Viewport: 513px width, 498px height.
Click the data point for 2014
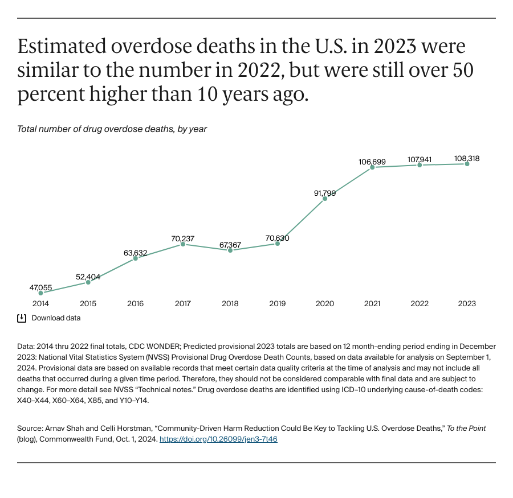(x=40, y=293)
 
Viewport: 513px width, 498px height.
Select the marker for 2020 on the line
(x=325, y=199)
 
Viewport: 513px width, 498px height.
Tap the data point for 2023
(x=467, y=164)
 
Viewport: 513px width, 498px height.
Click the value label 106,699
(x=372, y=162)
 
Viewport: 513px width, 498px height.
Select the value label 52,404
(x=88, y=277)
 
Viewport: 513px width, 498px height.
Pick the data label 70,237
(x=182, y=238)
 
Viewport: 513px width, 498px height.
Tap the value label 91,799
(x=325, y=193)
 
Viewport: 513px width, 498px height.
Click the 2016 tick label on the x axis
(x=135, y=304)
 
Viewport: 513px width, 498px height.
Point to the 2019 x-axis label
(x=278, y=304)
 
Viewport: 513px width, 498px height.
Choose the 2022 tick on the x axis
(x=420, y=304)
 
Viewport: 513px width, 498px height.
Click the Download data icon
(x=22, y=318)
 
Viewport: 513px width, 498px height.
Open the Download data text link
(x=56, y=318)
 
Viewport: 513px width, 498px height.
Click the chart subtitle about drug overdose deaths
(x=112, y=129)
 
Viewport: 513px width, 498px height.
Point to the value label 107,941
(x=420, y=160)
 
